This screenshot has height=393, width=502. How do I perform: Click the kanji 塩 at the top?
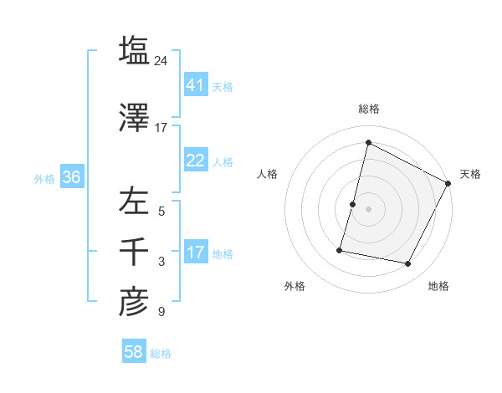[x=134, y=49]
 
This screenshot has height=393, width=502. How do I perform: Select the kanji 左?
[x=134, y=201]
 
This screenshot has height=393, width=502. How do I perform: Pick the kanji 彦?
[x=134, y=302]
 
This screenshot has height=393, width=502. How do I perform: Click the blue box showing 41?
[x=196, y=85]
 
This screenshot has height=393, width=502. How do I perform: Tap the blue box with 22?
[x=196, y=161]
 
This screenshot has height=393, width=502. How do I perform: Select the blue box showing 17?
[x=196, y=253]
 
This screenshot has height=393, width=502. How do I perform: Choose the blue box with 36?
[x=72, y=177]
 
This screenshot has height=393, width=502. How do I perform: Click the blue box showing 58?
[x=134, y=352]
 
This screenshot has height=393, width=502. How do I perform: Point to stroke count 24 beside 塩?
[x=161, y=61]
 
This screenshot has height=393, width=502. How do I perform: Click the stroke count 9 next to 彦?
[x=161, y=313]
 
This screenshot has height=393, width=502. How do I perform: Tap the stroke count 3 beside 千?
[x=161, y=263]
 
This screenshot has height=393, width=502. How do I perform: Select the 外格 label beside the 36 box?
[x=44, y=178]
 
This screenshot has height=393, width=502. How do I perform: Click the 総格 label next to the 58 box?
[x=161, y=354]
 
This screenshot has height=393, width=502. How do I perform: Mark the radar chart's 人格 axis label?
[x=268, y=174]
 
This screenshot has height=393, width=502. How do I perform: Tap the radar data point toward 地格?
[x=408, y=264]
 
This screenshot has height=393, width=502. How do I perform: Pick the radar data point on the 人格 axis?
[x=353, y=204]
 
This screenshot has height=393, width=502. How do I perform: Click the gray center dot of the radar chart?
[x=368, y=209]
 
